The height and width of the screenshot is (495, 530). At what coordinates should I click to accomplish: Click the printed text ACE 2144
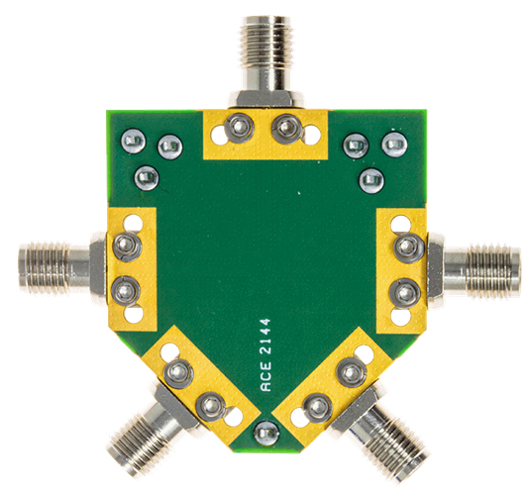click(265, 355)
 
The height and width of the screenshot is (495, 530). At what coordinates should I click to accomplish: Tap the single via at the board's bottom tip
click(265, 432)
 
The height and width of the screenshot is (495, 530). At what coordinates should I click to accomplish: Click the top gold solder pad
click(263, 134)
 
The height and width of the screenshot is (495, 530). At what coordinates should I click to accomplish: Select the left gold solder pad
click(132, 267)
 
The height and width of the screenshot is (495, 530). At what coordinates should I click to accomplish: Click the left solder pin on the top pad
click(238, 127)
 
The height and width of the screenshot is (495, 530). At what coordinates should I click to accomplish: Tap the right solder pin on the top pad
click(286, 127)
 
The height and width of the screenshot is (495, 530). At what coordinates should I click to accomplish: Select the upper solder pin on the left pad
click(126, 244)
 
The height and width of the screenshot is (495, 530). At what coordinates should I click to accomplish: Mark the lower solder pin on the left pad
click(125, 291)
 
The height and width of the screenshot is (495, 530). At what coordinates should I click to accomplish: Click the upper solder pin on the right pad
click(403, 246)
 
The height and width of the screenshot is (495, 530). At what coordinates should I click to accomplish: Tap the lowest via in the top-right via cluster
click(371, 179)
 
